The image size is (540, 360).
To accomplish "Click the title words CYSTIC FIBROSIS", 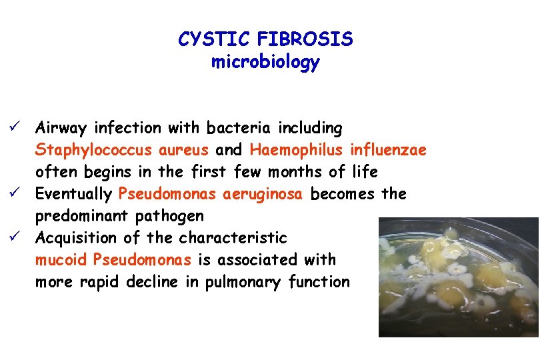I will [265, 40].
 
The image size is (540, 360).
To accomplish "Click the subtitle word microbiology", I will [265, 63].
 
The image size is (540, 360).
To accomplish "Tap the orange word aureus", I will [192, 149].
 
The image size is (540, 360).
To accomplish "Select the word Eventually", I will [73, 194].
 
